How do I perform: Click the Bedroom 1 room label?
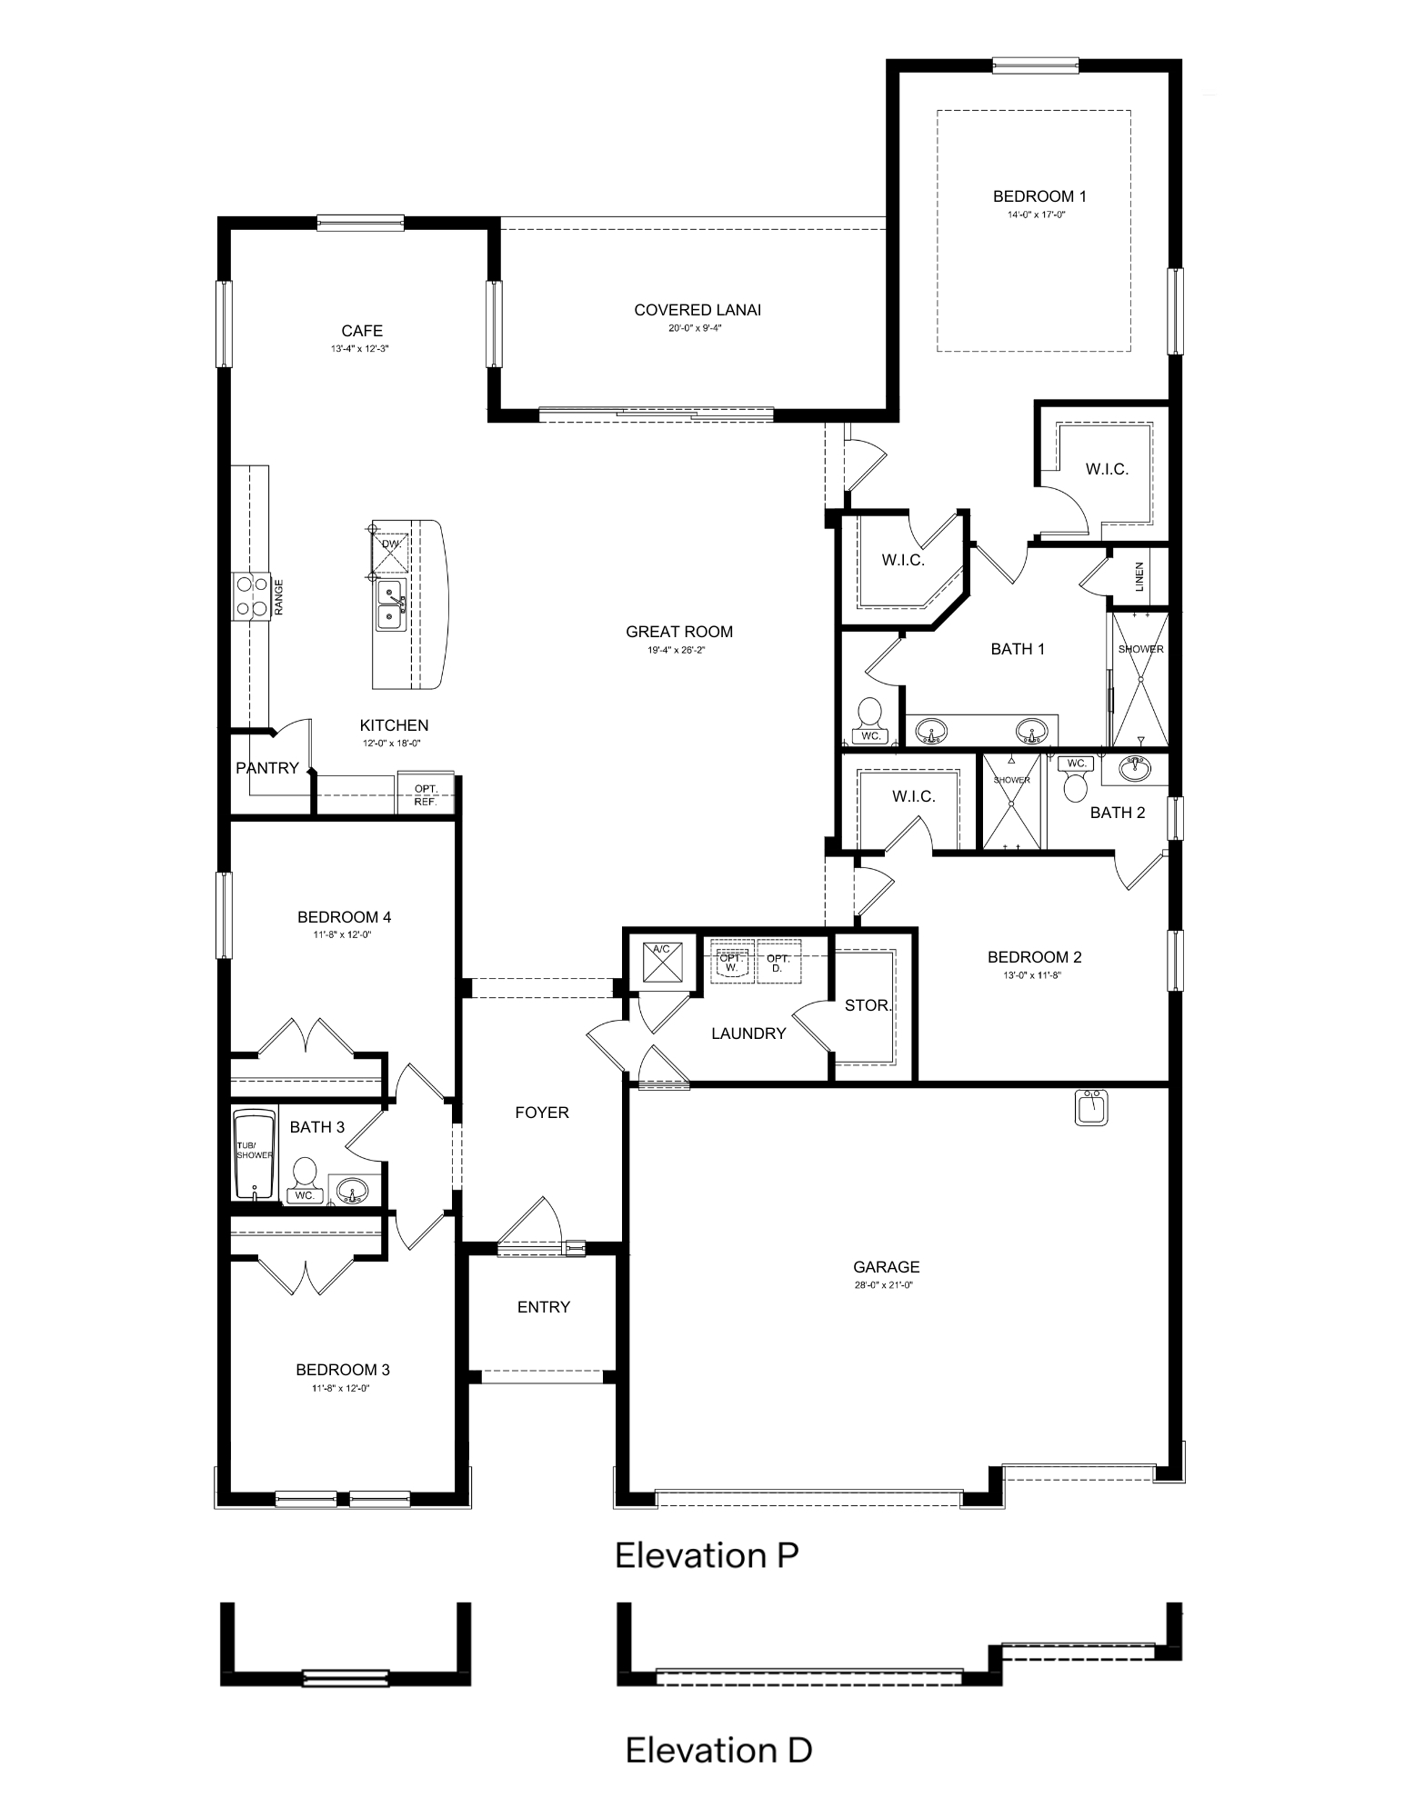1039,196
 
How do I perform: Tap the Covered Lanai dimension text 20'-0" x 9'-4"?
697,328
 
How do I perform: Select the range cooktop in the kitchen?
252,597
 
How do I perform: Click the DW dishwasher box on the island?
390,544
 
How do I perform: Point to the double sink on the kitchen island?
391,605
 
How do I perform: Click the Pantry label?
267,768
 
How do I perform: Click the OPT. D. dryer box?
778,962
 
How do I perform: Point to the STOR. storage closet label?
868,1005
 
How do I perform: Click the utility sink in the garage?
1091,1107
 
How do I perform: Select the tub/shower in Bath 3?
254,1153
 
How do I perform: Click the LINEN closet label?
1140,577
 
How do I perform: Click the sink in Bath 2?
1134,770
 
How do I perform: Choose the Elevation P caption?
707,1555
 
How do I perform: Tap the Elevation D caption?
718,1750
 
